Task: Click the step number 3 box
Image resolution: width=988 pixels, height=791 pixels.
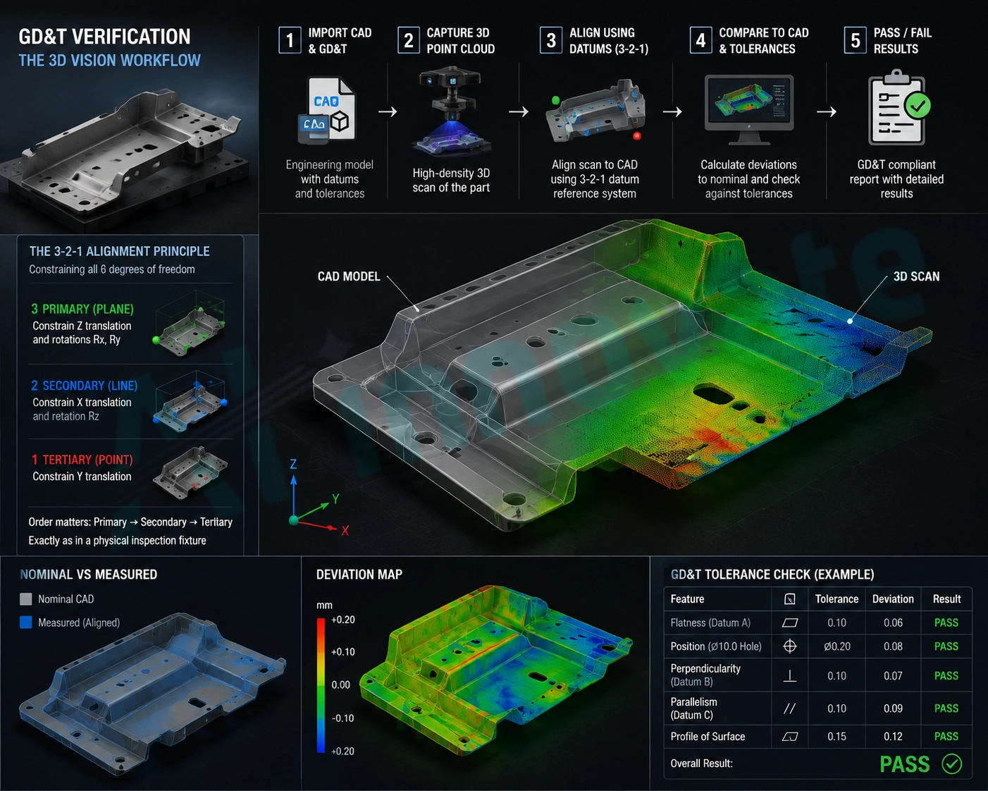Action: point(551,40)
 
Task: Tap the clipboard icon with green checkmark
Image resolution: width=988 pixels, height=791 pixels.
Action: point(898,107)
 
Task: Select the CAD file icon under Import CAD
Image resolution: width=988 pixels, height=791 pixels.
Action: point(326,109)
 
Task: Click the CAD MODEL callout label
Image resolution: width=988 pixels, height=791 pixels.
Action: point(349,276)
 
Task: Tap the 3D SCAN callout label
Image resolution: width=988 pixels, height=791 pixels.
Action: point(916,276)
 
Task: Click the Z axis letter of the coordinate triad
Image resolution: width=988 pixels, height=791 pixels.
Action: point(293,464)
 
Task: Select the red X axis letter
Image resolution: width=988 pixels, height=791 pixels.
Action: point(345,531)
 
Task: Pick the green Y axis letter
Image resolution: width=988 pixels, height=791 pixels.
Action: point(335,499)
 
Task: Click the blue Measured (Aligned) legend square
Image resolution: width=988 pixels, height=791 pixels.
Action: point(26,623)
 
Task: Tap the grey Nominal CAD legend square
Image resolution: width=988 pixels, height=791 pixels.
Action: point(26,599)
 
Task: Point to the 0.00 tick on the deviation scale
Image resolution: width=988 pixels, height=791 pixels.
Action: point(340,685)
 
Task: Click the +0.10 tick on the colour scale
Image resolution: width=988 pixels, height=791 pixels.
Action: point(343,652)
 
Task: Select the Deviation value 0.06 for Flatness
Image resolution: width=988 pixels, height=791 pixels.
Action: point(893,623)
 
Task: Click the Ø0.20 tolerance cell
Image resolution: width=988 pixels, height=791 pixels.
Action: point(837,646)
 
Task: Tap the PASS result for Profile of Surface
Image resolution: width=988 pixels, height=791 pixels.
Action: point(946,737)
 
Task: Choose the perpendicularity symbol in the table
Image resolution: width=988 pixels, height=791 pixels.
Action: point(790,675)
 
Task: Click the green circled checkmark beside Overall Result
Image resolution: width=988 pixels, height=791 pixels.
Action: point(952,764)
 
